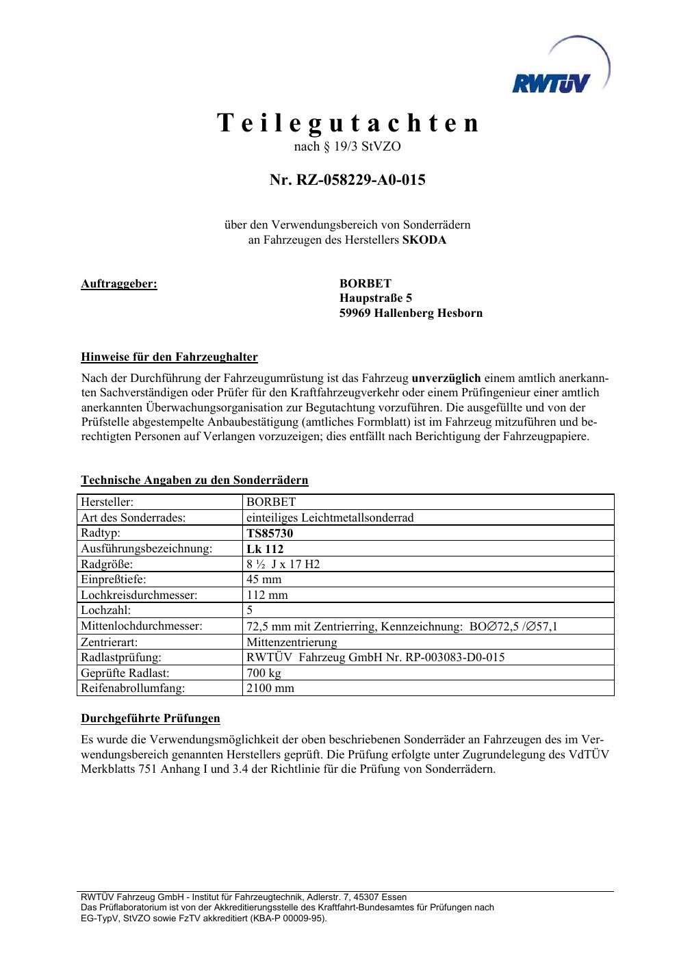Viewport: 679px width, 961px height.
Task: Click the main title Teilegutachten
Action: coord(348,123)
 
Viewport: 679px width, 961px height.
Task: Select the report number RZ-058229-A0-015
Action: coord(347,180)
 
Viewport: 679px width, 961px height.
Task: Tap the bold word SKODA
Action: coord(424,240)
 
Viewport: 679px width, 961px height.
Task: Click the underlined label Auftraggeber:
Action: coord(119,283)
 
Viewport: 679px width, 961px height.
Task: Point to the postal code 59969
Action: coord(355,313)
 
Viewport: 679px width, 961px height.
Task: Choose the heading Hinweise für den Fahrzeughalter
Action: coord(169,357)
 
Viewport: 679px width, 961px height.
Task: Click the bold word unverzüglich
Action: coord(446,378)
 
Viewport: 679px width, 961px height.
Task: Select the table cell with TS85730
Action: coord(270,533)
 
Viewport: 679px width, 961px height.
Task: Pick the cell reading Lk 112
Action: coord(265,549)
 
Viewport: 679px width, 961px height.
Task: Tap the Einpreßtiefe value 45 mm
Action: coord(264,579)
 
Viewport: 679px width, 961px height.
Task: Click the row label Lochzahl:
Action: coord(106,610)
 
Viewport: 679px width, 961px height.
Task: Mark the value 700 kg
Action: coord(264,673)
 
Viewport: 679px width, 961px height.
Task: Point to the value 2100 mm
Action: coord(270,688)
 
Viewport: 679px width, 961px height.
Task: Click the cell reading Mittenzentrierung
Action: coord(292,642)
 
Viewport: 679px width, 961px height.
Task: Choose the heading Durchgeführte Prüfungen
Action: coord(151,718)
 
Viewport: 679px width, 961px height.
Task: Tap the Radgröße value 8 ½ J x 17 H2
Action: coord(283,564)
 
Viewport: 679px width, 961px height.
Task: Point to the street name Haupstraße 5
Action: coord(376,298)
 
